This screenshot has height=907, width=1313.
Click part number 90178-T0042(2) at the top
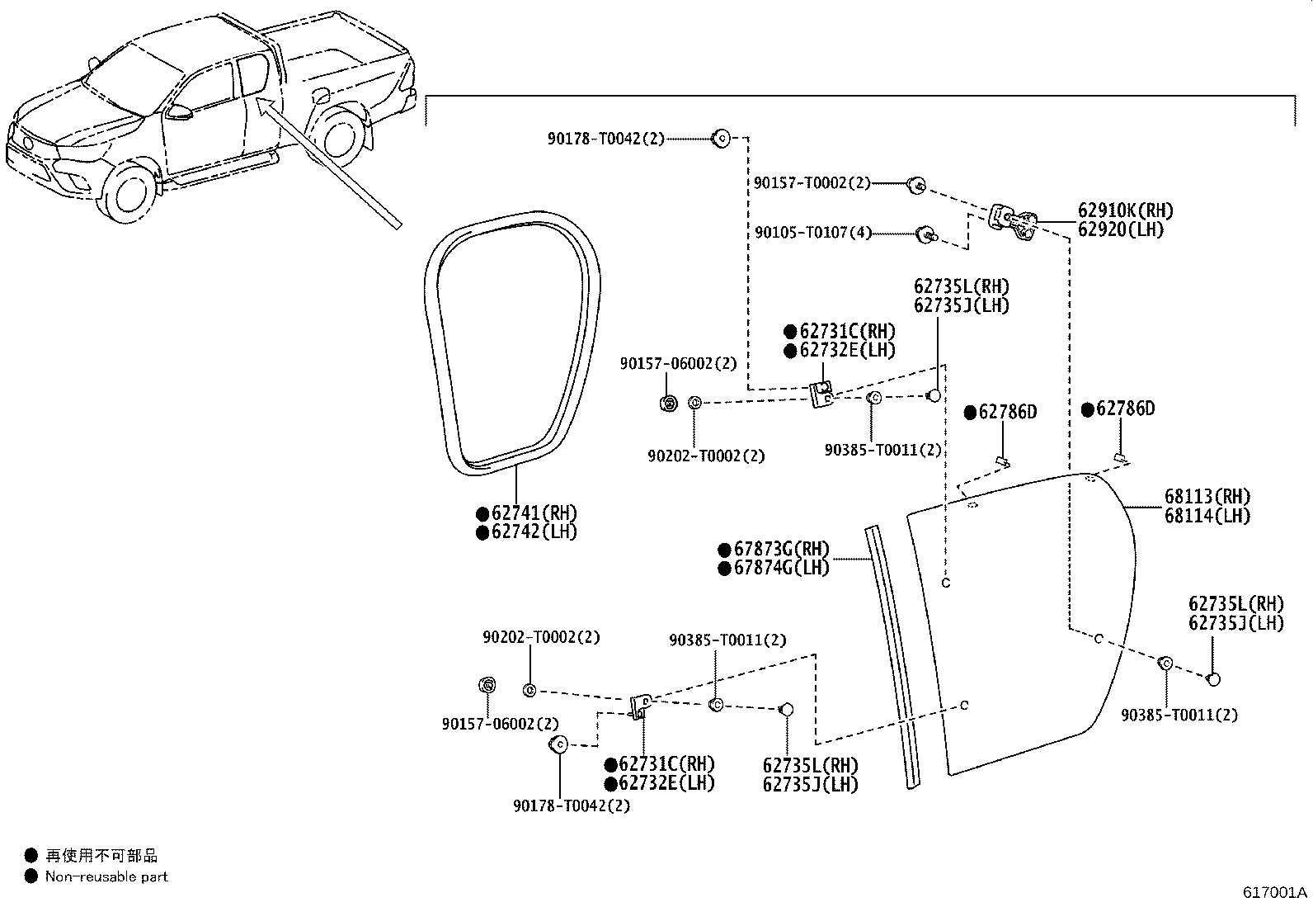(x=606, y=139)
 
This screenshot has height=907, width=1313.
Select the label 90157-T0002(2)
(x=812, y=183)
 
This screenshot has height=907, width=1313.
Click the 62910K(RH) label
(x=1126, y=210)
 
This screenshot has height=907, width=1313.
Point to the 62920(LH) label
(x=1120, y=229)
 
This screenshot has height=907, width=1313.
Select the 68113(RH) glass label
(x=1207, y=497)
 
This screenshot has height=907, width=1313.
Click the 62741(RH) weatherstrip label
(x=534, y=513)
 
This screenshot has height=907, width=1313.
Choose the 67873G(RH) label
(x=782, y=549)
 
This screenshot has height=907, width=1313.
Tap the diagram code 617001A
(x=1275, y=892)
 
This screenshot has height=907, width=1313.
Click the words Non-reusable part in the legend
(x=106, y=876)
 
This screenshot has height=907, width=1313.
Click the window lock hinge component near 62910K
(x=1012, y=222)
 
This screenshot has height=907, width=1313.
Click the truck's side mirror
(x=179, y=111)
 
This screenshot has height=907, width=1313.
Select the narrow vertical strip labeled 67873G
(x=892, y=656)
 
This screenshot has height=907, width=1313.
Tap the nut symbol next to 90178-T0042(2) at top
(x=721, y=139)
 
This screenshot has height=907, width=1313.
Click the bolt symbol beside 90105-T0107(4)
(x=927, y=234)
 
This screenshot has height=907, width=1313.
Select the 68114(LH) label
(x=1207, y=517)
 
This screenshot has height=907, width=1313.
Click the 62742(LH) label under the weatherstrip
(x=534, y=532)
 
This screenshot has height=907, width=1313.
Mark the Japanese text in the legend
(x=102, y=856)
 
